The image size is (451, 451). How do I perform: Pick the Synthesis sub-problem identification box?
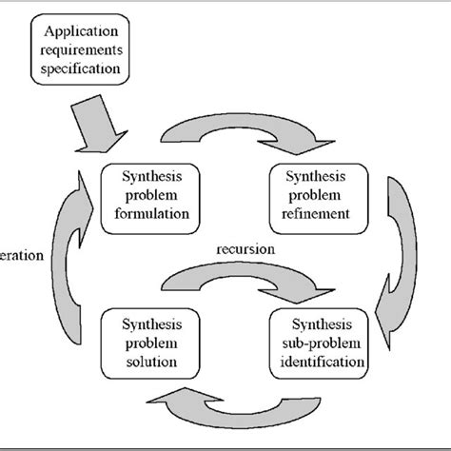pyautogui.click(x=318, y=339)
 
